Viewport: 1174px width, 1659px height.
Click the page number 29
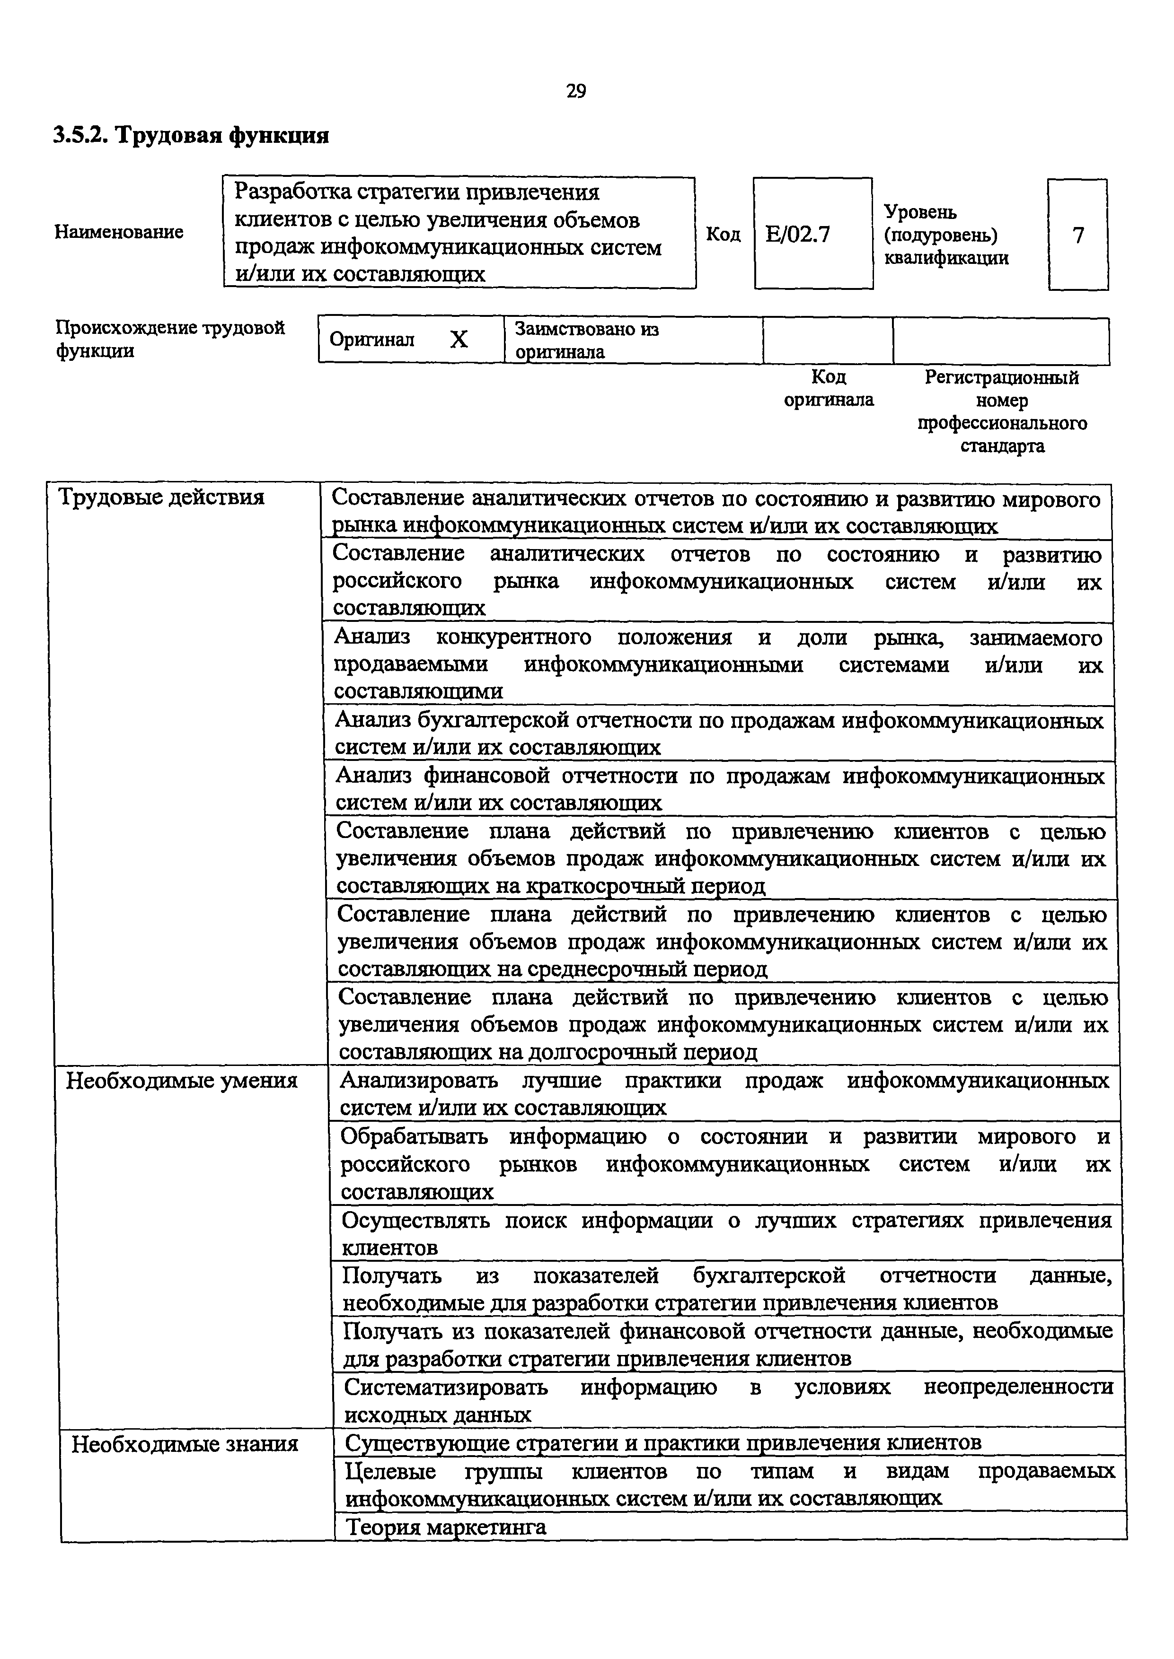click(576, 91)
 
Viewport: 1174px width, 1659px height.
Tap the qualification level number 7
click(1078, 236)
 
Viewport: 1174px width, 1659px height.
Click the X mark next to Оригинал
click(459, 340)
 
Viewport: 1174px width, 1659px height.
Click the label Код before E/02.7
click(723, 234)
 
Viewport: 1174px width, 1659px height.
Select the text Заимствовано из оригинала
click(586, 341)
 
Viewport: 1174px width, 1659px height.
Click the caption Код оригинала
click(829, 388)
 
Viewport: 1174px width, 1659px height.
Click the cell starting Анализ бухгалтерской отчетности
click(719, 733)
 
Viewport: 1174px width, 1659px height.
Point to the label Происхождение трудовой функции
click(170, 339)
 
